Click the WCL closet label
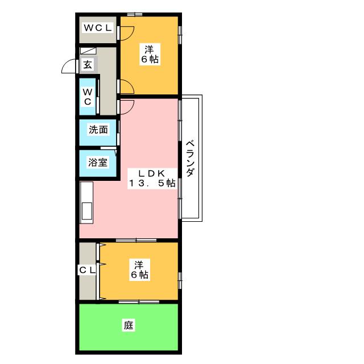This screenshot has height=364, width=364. [98, 28]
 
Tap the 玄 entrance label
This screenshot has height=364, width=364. [88, 64]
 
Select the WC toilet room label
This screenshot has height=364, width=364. [88, 97]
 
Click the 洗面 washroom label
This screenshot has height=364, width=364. [98, 130]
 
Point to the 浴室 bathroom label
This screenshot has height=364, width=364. [98, 162]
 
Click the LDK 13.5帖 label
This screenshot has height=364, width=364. [152, 178]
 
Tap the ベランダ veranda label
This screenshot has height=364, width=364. [190, 158]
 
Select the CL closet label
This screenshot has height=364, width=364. [87, 270]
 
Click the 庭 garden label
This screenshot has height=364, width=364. [129, 325]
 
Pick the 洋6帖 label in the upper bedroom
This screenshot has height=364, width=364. [150, 54]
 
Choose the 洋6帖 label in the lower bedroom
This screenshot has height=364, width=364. [139, 270]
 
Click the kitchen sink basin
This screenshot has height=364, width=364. [87, 211]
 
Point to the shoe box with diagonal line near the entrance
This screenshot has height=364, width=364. [88, 51]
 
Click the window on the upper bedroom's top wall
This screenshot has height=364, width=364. [135, 14]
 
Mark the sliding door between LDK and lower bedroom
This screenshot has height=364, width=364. [136, 240]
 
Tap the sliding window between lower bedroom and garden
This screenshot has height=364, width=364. [139, 302]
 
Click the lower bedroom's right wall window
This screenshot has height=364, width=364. [180, 280]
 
